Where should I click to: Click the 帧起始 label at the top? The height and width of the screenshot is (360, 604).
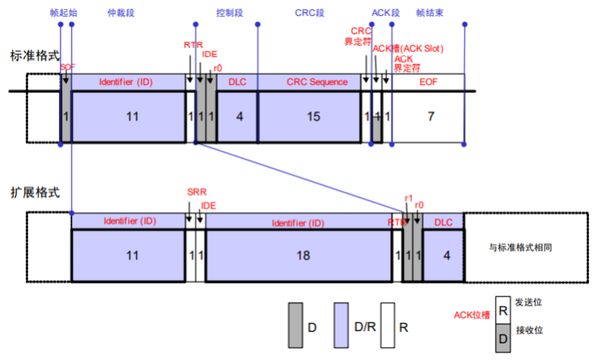point(65,13)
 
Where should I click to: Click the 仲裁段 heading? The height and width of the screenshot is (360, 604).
point(127,13)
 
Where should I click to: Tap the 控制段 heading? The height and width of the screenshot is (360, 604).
point(228,13)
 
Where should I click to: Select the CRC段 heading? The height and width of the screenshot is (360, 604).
point(309,13)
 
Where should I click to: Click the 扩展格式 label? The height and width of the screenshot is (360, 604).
point(34,192)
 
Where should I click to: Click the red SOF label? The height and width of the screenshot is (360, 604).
point(68,68)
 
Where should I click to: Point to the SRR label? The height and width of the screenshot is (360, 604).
point(195,191)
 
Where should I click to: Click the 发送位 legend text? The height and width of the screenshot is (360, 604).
point(529,303)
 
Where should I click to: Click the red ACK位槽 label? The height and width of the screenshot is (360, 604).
point(471,315)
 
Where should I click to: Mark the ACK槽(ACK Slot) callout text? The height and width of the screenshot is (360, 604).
point(408,49)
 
